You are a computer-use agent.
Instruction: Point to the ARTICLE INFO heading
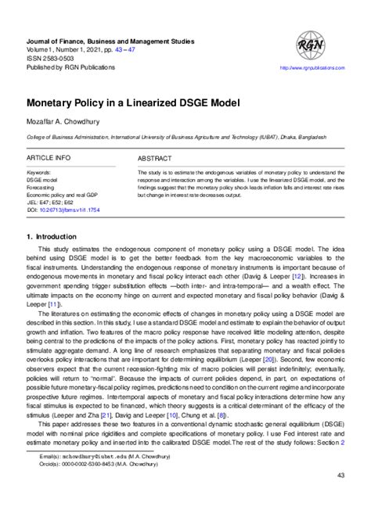point(49,158)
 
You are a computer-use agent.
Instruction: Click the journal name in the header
point(110,41)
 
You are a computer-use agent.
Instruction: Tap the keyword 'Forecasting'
point(43,186)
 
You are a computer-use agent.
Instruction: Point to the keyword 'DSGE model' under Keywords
point(44,179)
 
